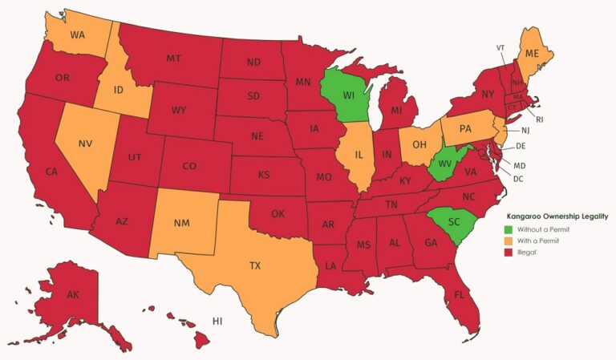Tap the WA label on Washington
[x=78, y=35]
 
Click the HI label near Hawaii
[x=217, y=321]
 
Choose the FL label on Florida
[x=460, y=294]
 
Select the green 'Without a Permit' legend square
[x=509, y=229]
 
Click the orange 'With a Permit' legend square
[x=509, y=241]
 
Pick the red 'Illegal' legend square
[x=509, y=252]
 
